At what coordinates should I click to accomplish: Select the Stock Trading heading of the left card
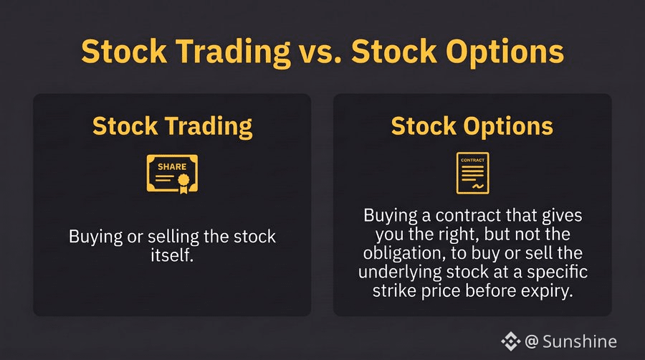click(172, 126)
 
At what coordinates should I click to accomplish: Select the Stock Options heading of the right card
click(472, 126)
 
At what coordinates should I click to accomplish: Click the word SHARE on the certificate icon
click(172, 166)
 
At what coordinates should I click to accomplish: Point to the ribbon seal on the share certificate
click(183, 183)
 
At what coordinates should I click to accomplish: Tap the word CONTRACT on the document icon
click(473, 160)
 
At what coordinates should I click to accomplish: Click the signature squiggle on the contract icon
click(477, 186)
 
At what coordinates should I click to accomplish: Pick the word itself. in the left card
click(172, 255)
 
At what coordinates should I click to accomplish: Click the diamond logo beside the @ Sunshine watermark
click(510, 341)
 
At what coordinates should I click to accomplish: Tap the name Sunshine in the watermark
click(580, 341)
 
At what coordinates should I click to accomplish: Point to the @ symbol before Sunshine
click(532, 341)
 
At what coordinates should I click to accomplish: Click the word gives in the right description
click(562, 216)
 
